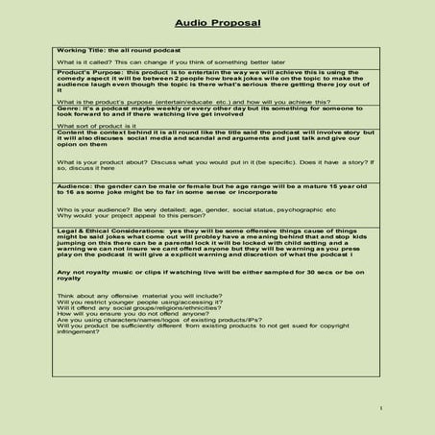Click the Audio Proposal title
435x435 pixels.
pyautogui.click(x=216, y=20)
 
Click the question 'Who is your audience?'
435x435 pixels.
pyautogui.click(x=91, y=208)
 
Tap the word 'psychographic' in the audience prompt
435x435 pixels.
pyautogui.click(x=297, y=208)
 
